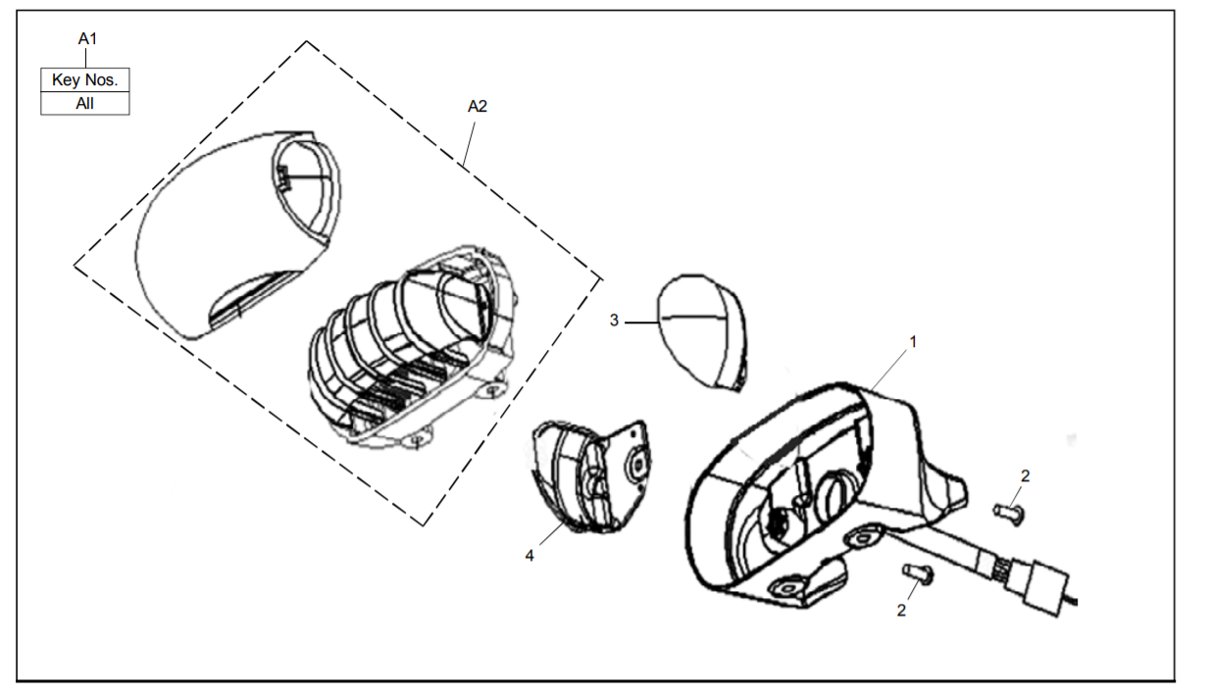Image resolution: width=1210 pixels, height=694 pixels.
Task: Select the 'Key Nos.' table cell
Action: pyautogui.click(x=85, y=79)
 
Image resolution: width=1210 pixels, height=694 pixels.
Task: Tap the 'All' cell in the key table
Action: pyautogui.click(x=85, y=103)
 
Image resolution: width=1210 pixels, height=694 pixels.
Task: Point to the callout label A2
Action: pyautogui.click(x=477, y=107)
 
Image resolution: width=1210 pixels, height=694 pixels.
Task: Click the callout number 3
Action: pyautogui.click(x=614, y=321)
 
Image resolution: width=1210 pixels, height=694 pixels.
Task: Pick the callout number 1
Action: pyautogui.click(x=913, y=342)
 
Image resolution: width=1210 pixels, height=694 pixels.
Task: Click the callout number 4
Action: pyautogui.click(x=529, y=555)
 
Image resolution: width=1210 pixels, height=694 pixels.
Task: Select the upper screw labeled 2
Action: pyautogui.click(x=1007, y=511)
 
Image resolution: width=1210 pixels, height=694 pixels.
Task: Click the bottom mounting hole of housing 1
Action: pyautogui.click(x=787, y=585)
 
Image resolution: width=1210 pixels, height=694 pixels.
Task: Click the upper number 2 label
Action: pyautogui.click(x=1025, y=475)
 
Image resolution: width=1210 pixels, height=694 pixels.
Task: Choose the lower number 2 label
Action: pyautogui.click(x=901, y=610)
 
